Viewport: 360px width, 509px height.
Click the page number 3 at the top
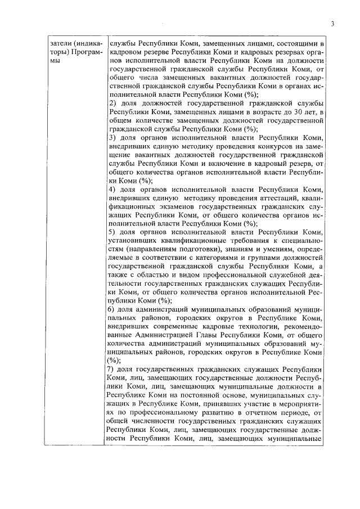[332, 23]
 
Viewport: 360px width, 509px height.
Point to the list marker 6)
[113, 309]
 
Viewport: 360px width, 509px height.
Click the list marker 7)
[113, 370]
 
